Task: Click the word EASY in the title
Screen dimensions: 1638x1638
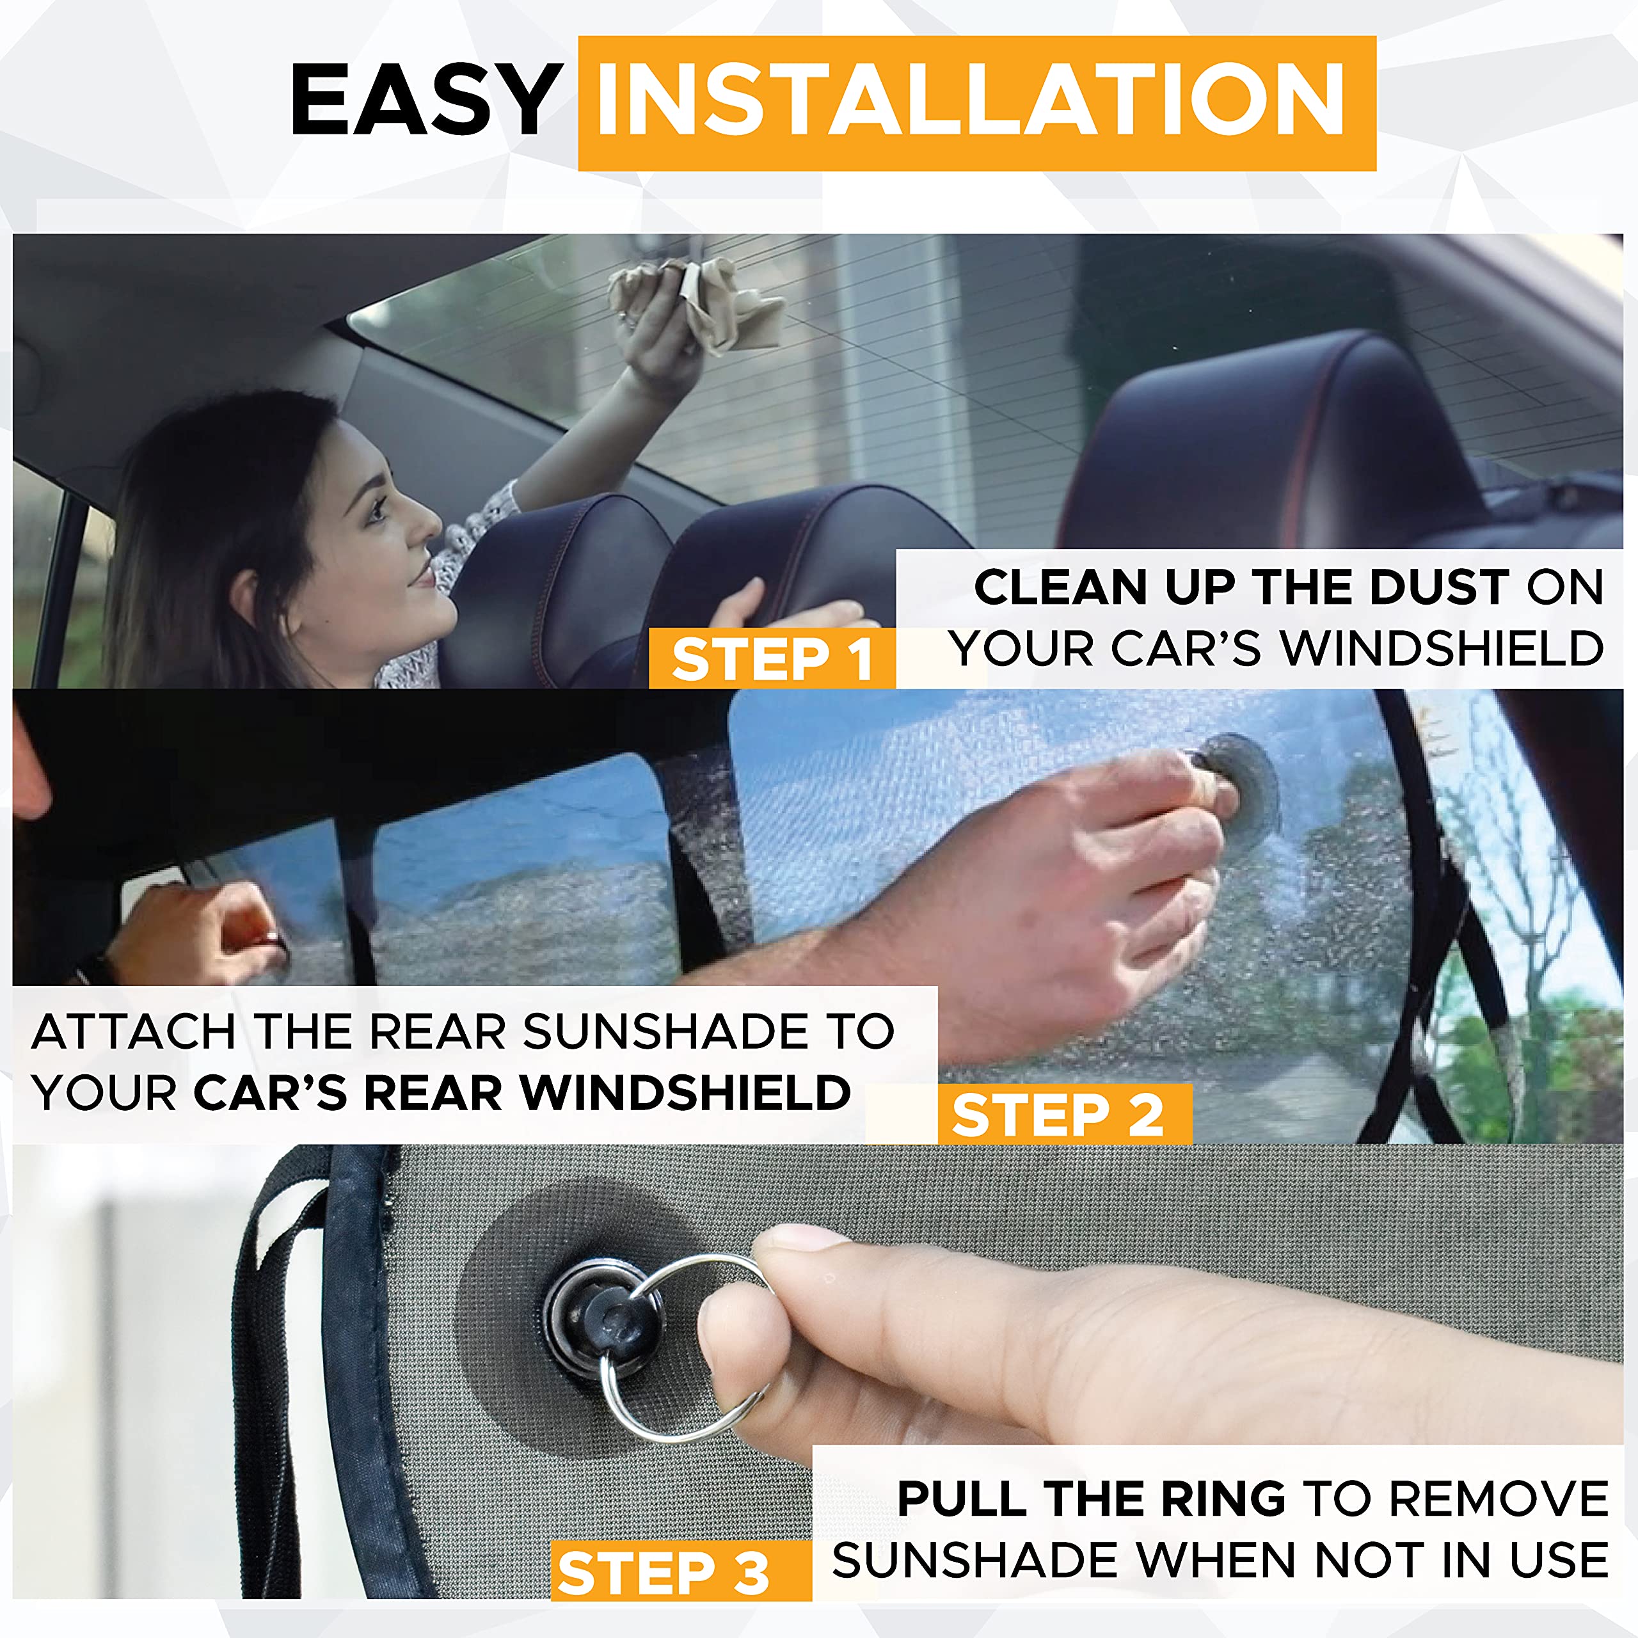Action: pos(425,99)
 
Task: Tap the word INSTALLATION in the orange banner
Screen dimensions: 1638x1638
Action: pos(971,99)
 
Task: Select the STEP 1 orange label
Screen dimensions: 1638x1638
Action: pos(772,660)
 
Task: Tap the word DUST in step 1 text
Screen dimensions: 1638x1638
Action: pos(1439,587)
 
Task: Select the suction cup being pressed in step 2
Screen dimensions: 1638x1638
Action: pos(1239,777)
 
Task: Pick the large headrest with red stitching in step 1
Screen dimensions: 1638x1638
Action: pos(1272,441)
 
